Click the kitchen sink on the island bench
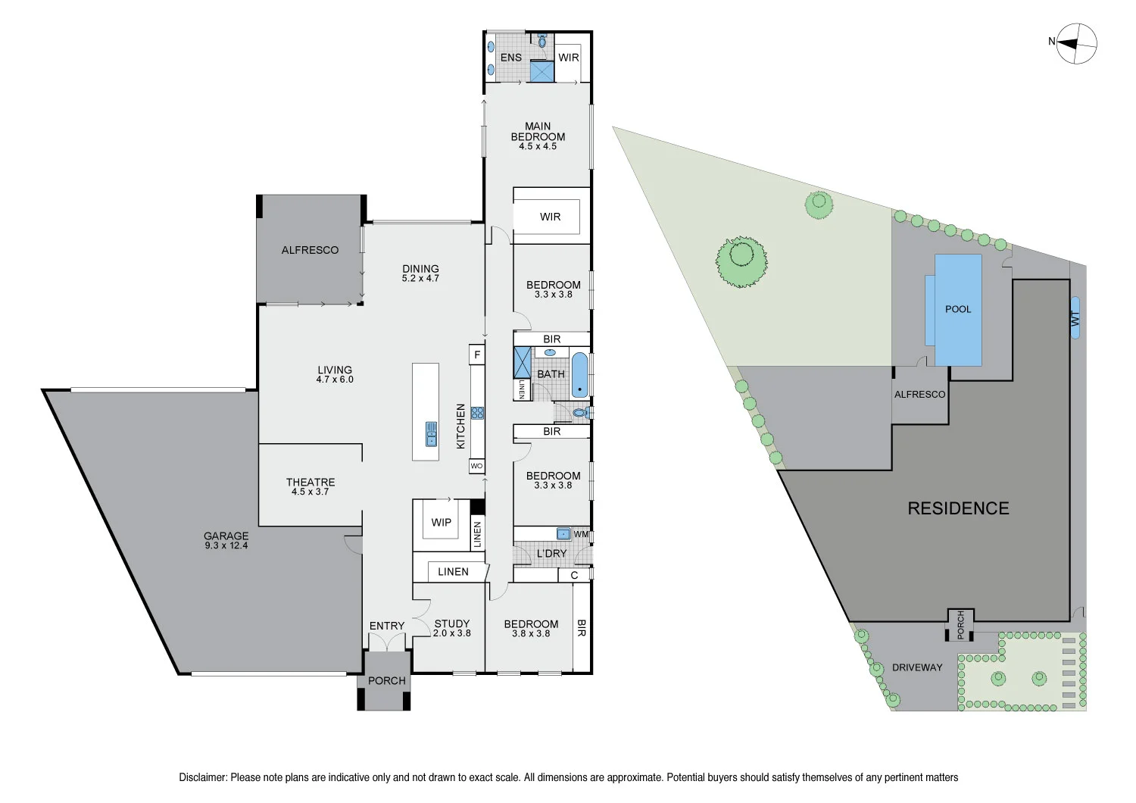(431, 433)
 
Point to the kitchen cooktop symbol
(477, 413)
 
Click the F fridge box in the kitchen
(477, 355)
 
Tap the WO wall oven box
(476, 466)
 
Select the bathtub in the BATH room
(579, 375)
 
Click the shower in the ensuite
(542, 72)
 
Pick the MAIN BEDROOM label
(538, 132)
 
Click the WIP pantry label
(441, 523)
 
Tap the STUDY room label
(452, 624)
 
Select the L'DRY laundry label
(551, 554)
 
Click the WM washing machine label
(581, 534)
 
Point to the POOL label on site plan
(958, 309)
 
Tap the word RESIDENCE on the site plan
(958, 508)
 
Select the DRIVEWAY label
(917, 667)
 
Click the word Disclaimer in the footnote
(202, 777)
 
